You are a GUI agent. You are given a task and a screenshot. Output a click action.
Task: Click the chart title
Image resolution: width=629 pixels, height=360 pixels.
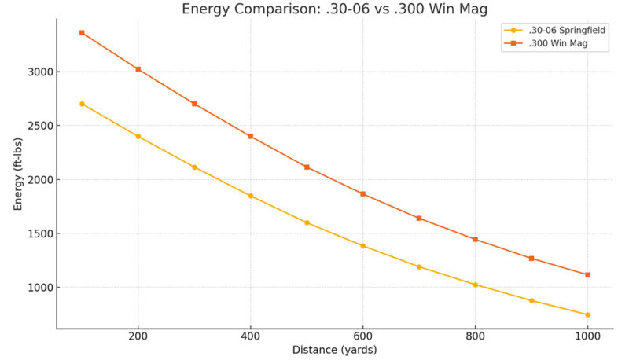point(334,9)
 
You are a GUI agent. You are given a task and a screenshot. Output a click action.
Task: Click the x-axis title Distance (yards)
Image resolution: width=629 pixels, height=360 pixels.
point(334,350)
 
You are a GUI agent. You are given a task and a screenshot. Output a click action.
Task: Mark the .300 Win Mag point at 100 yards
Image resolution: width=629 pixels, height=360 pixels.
point(82,32)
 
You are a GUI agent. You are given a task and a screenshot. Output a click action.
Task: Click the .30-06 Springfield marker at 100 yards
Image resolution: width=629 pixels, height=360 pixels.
point(82,104)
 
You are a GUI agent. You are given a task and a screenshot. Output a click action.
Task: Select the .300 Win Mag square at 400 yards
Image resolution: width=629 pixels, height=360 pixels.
point(251,136)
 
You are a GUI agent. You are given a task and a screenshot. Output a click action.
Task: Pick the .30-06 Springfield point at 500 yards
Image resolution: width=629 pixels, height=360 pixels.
point(307,222)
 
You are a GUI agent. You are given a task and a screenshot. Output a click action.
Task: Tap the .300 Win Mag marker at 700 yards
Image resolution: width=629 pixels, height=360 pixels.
point(419,218)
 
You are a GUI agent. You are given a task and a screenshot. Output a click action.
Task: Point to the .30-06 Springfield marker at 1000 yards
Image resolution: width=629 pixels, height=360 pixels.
point(587,314)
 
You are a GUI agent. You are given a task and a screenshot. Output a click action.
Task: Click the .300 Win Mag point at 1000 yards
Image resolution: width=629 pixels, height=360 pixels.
point(587,274)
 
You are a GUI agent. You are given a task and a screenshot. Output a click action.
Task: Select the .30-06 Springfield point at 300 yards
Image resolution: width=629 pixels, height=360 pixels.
point(194,167)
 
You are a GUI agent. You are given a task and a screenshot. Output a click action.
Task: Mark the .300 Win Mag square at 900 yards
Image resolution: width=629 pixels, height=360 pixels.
point(532,258)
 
